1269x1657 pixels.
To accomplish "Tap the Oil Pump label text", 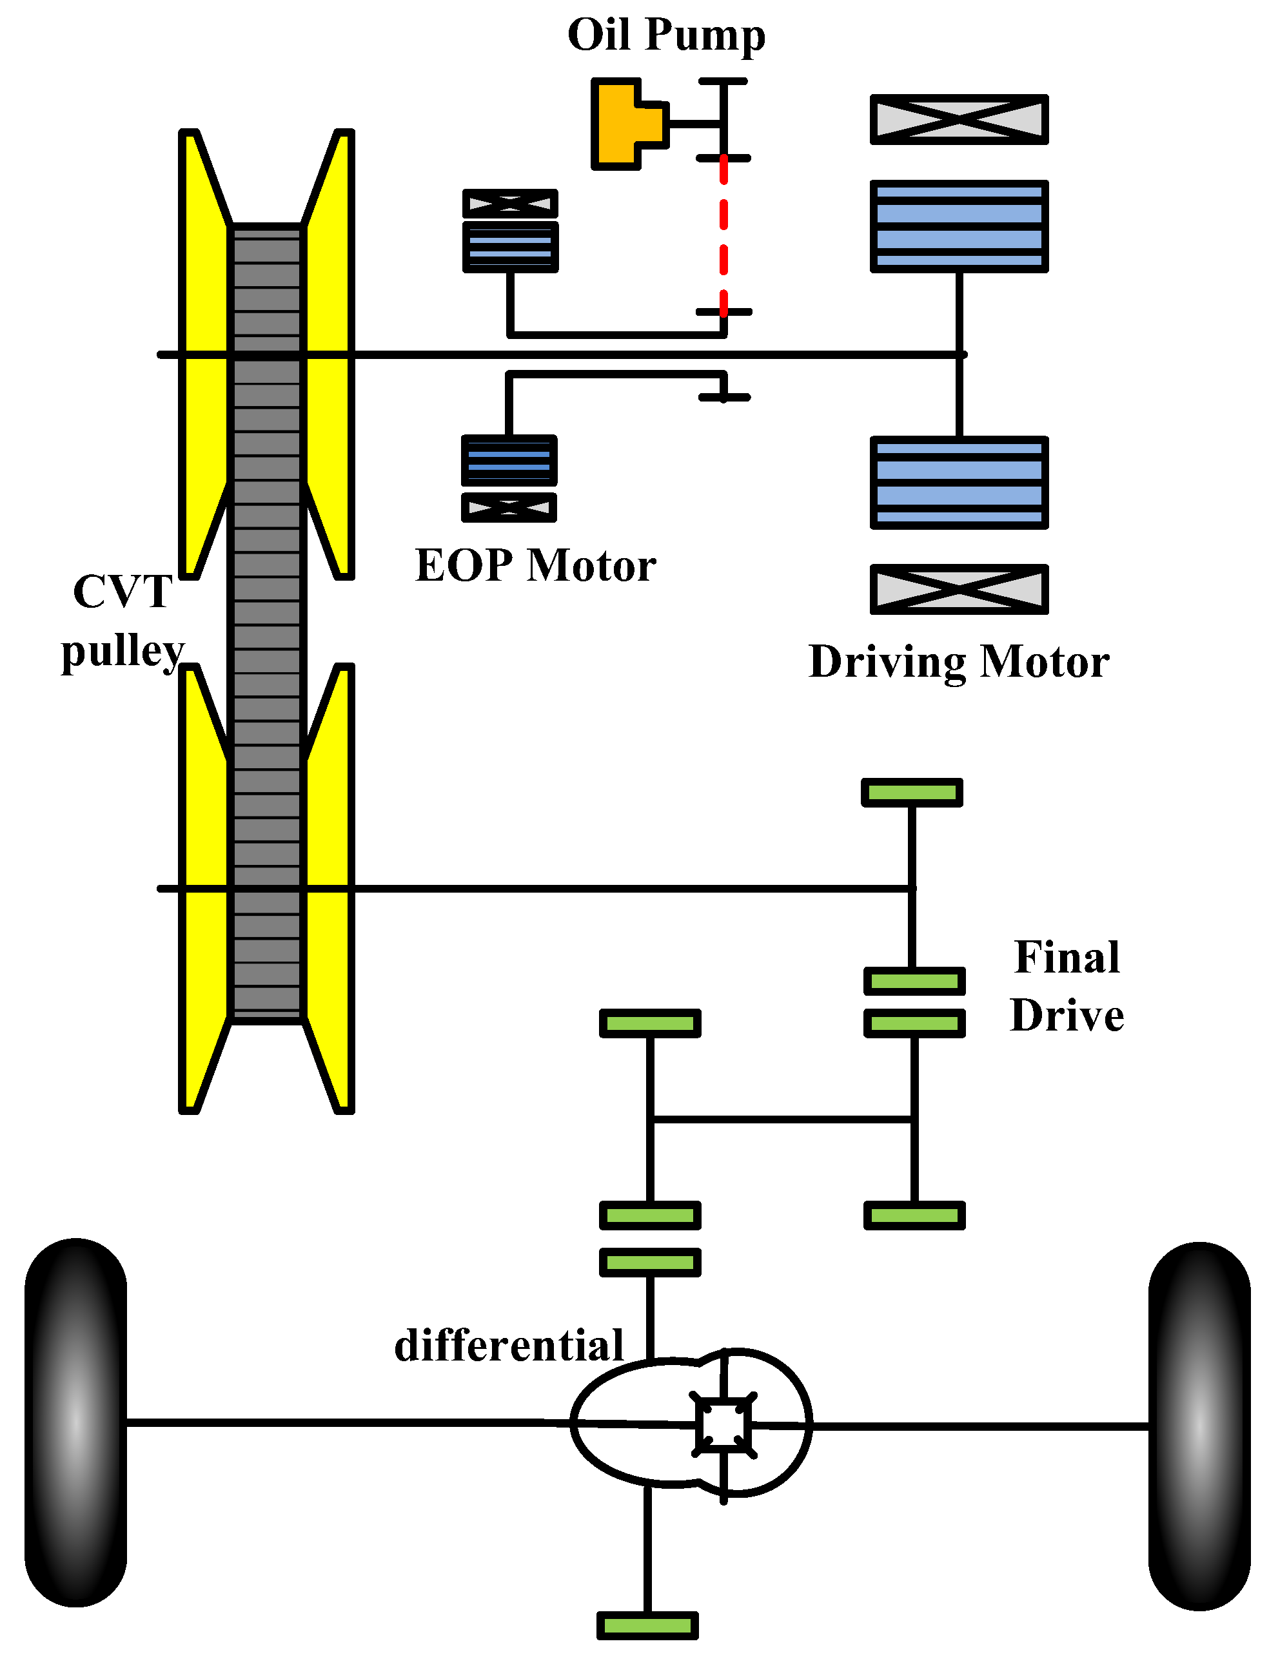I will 665,35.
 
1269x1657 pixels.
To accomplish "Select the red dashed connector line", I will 723,234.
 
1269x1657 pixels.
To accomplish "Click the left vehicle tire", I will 75,1423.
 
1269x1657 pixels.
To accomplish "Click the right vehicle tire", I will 1199,1427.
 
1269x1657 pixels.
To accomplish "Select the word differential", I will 508,1346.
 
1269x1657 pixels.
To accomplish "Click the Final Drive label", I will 1067,987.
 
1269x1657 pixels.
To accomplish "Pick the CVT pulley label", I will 123,621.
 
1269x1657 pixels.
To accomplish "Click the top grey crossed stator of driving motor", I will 959,119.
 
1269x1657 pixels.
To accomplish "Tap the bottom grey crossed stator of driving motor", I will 959,590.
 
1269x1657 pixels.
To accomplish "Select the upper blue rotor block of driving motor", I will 959,226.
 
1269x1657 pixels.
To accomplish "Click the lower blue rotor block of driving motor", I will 959,483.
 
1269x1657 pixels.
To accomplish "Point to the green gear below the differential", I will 647,1625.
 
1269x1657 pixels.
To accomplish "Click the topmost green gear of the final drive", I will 912,793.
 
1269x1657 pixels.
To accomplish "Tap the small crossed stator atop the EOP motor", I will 510,204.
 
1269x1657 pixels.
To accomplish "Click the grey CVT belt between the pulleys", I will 267,619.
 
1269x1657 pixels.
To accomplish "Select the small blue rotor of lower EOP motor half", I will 509,460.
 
